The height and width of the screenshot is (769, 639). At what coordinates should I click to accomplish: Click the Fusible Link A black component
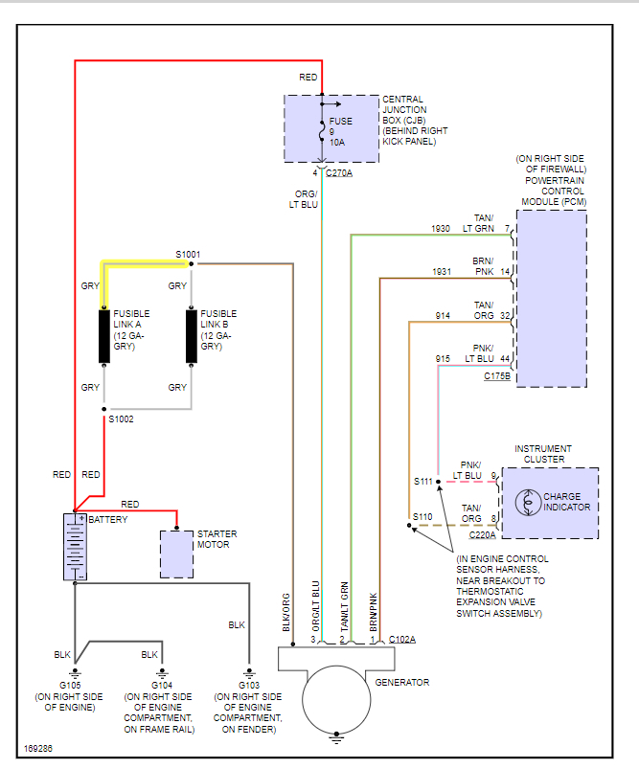[x=104, y=336]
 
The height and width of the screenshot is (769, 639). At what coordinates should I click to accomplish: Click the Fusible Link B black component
[x=192, y=336]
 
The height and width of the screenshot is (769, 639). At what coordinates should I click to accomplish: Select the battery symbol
[x=75, y=547]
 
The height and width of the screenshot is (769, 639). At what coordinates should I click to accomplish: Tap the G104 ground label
[x=161, y=686]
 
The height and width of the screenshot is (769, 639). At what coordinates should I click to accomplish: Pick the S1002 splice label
[x=122, y=419]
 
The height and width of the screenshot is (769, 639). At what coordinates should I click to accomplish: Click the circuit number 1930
[x=441, y=228]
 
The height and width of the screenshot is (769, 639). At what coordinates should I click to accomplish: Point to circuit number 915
[x=443, y=359]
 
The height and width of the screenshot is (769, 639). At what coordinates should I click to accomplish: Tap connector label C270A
[x=339, y=173]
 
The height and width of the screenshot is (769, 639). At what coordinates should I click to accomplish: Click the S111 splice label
[x=422, y=481]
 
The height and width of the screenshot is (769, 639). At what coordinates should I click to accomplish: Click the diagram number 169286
[x=37, y=747]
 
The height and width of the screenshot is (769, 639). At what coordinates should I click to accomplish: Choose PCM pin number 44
[x=504, y=358]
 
